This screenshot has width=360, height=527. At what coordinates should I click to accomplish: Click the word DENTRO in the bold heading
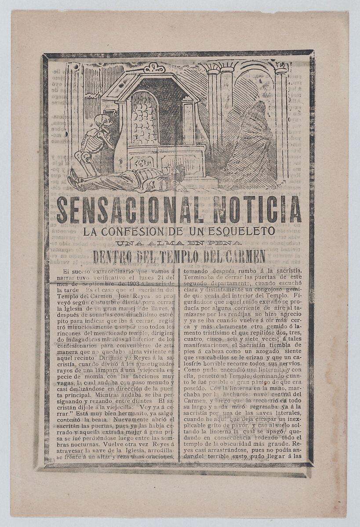point(113,256)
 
